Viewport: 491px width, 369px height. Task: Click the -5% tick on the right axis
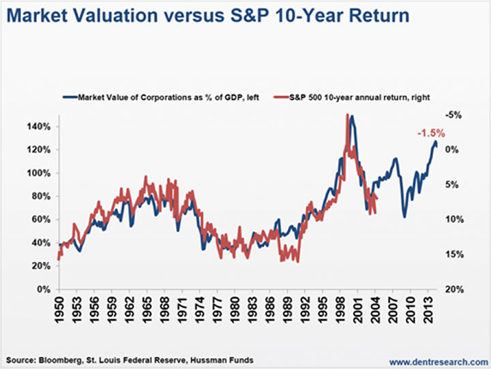tap(453, 115)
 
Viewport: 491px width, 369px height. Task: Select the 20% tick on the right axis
tap(453, 289)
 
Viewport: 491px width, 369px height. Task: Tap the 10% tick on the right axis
tap(453, 220)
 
